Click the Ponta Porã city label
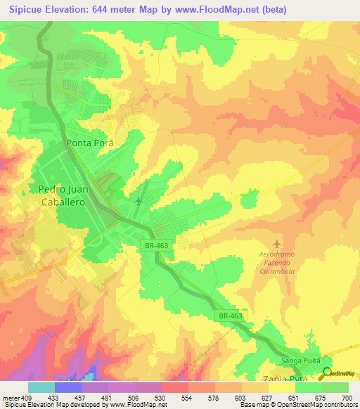(x=89, y=142)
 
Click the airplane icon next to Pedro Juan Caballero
(x=138, y=202)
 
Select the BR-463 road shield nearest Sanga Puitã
(x=229, y=316)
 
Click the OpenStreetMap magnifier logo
(x=326, y=372)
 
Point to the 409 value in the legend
(x=27, y=397)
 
